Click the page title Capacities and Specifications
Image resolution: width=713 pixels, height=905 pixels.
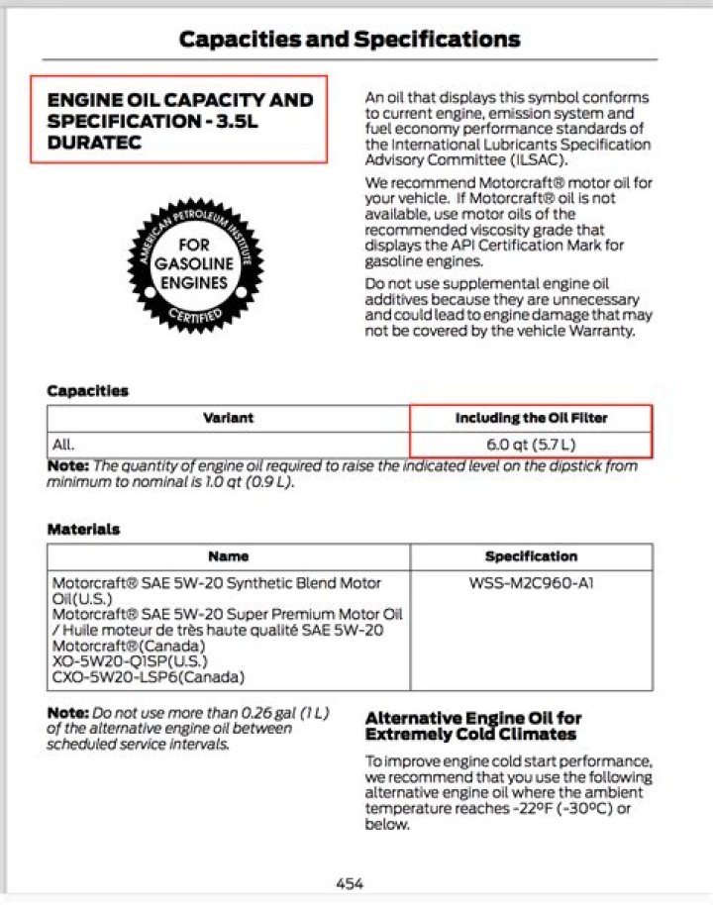pos(349,40)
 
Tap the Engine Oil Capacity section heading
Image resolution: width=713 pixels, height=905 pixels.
pos(179,121)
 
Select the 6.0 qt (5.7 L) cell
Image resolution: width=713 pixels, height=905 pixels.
pos(531,445)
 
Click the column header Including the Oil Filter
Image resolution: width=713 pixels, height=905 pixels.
pos(531,418)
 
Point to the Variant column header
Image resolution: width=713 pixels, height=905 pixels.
pos(228,418)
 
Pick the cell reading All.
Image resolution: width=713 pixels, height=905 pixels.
pos(63,445)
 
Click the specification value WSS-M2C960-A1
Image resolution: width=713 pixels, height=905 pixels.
pos(531,583)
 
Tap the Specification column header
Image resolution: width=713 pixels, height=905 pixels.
pos(531,556)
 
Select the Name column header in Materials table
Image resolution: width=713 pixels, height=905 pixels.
pos(228,556)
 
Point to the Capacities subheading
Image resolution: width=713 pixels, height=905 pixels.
pos(88,391)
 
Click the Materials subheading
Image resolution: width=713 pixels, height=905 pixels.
pos(83,530)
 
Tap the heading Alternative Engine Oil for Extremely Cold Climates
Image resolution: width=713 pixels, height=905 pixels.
pos(473,726)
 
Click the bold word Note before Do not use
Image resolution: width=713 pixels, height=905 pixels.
pos(67,713)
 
